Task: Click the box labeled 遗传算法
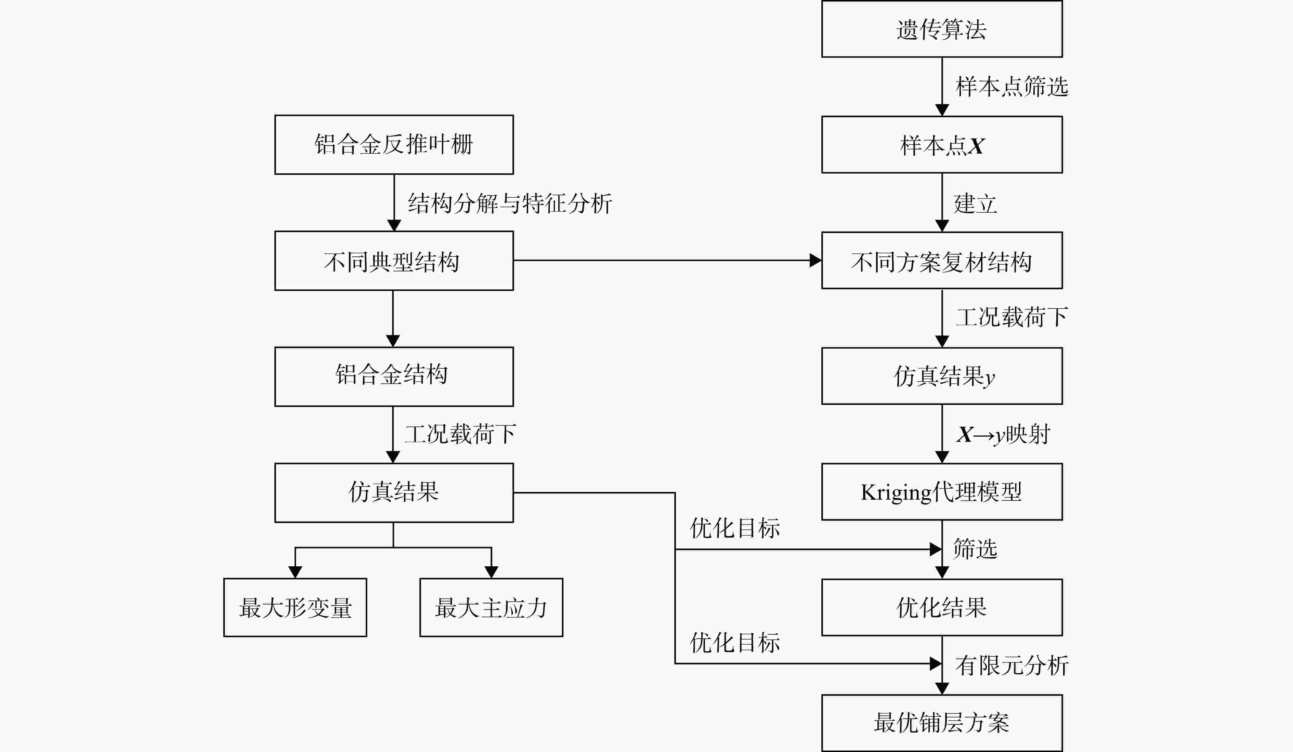click(942, 29)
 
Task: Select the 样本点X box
click(942, 145)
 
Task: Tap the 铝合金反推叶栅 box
click(394, 145)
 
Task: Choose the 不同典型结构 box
click(394, 261)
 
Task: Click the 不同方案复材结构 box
click(942, 261)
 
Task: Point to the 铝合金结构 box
click(394, 377)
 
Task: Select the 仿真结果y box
click(942, 376)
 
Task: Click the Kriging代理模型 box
click(942, 492)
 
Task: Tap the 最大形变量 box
click(295, 607)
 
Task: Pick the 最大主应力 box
click(492, 607)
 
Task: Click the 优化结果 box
click(942, 607)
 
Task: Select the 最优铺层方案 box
click(942, 723)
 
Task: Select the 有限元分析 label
click(1012, 666)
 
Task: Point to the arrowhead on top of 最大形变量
click(295, 572)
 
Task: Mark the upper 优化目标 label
click(735, 528)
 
